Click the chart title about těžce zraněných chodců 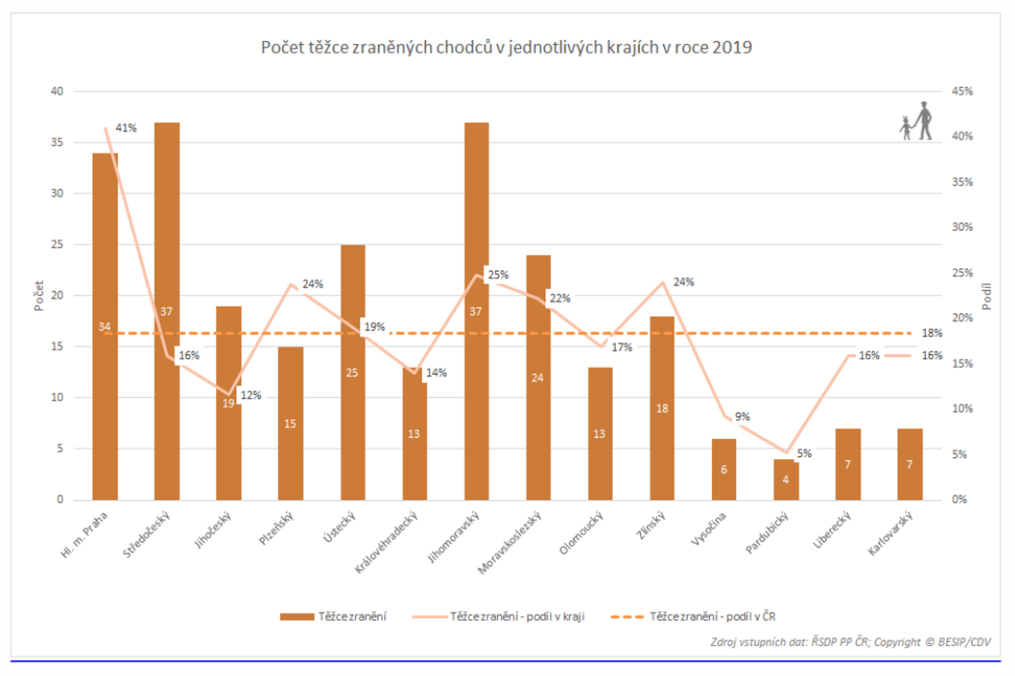(x=506, y=47)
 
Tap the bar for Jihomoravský (x=476, y=388)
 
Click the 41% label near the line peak (x=126, y=128)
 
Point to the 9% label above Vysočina (x=742, y=416)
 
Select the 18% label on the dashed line (x=932, y=333)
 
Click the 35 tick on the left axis (x=57, y=142)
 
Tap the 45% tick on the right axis (x=963, y=91)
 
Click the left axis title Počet (x=39, y=296)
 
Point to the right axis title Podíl (x=987, y=296)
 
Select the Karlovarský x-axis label (x=890, y=534)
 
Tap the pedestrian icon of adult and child (x=916, y=121)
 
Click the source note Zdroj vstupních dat (x=850, y=642)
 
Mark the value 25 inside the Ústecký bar (x=352, y=373)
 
